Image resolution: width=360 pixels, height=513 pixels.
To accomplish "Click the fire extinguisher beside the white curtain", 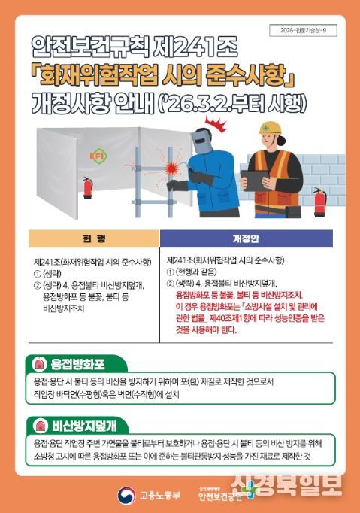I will [x=87, y=187].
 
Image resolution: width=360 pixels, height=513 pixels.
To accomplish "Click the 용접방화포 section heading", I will [x=77, y=364].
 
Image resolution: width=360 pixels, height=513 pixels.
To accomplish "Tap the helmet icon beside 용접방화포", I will [x=37, y=364].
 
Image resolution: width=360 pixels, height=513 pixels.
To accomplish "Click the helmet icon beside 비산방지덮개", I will [x=37, y=423].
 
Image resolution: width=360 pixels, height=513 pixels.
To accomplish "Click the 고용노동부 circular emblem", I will [x=126, y=493].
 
